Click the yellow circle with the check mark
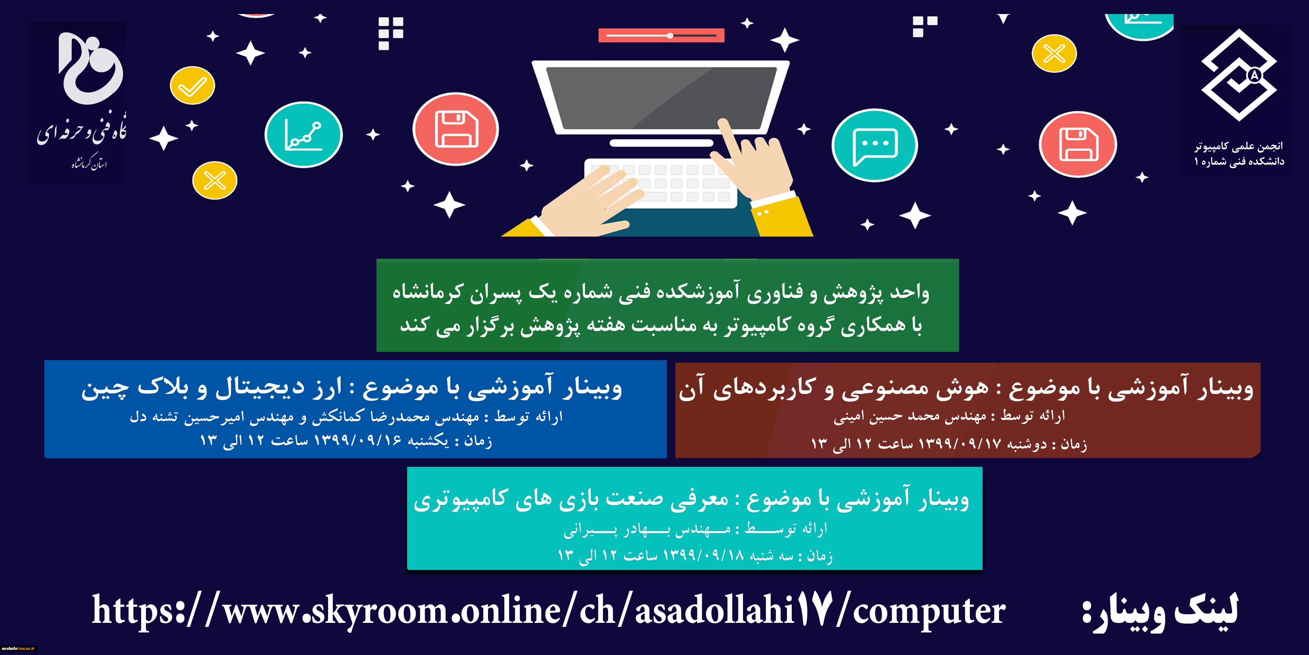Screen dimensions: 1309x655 tap(192, 85)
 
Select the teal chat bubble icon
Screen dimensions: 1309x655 tap(875, 145)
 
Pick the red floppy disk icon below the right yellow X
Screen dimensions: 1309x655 tap(1078, 145)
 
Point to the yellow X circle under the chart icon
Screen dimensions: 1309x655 tap(214, 180)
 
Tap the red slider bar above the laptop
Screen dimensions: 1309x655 tap(661, 35)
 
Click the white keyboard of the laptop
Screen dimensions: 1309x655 tap(661, 183)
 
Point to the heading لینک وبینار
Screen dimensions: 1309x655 tap(1160, 610)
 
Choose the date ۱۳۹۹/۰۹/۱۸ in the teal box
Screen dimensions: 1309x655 tap(703, 555)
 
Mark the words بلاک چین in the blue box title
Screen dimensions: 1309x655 tap(134, 388)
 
